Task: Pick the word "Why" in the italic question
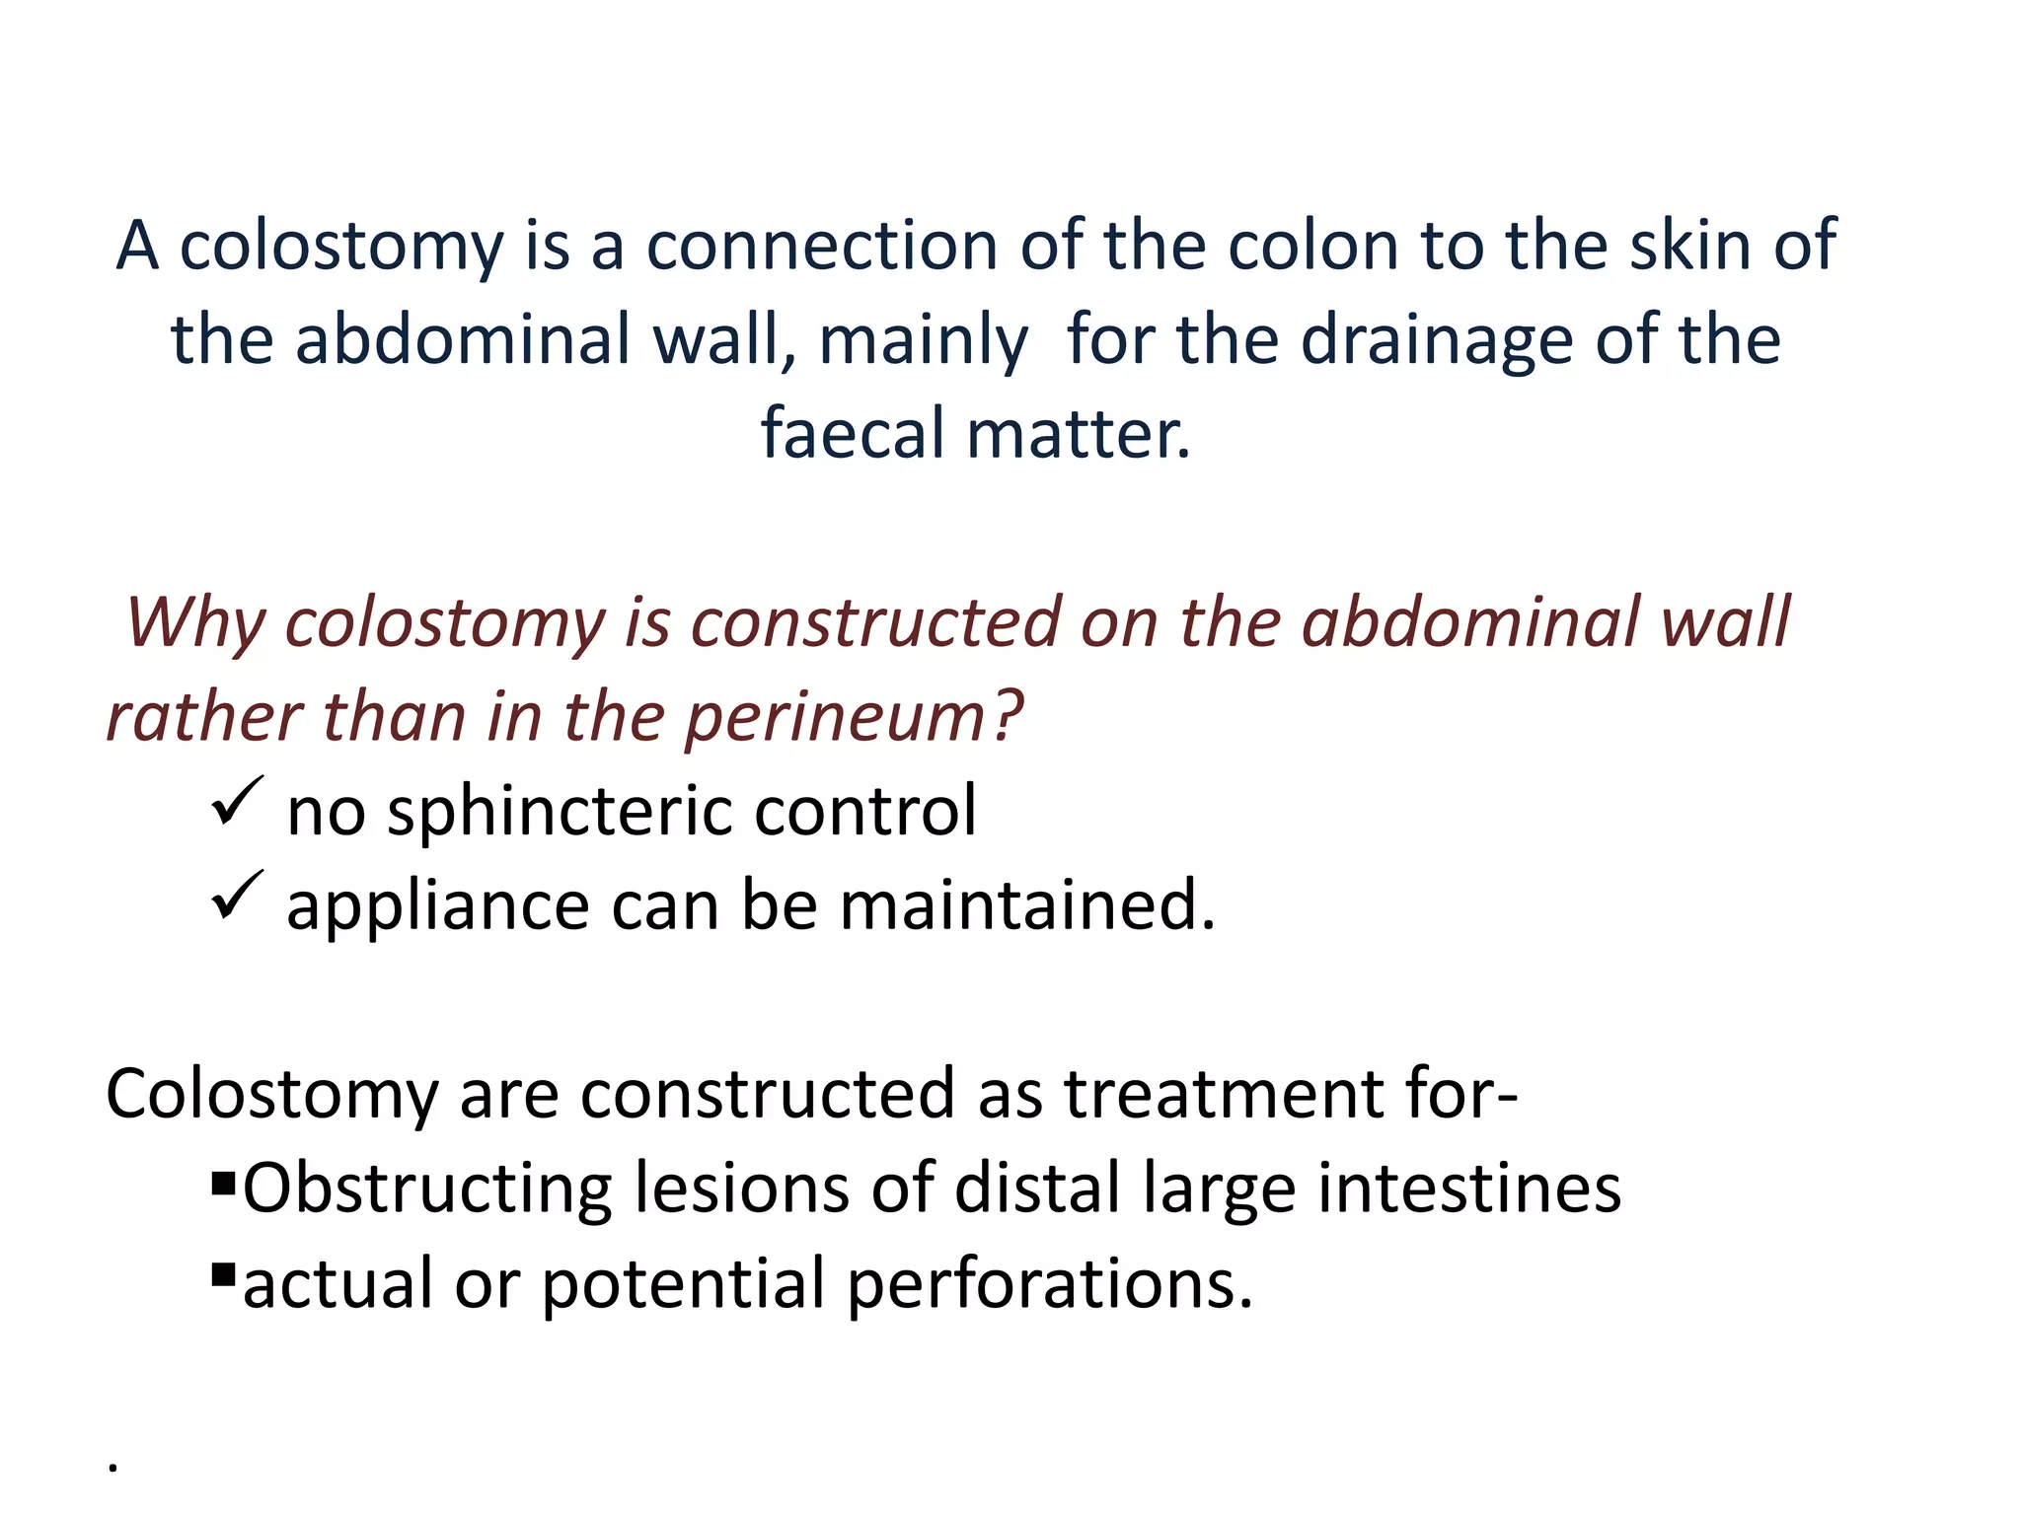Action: click(x=195, y=623)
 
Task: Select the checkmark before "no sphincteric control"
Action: click(x=237, y=802)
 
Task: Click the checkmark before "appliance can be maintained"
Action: click(x=237, y=896)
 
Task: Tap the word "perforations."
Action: click(x=1050, y=1284)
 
